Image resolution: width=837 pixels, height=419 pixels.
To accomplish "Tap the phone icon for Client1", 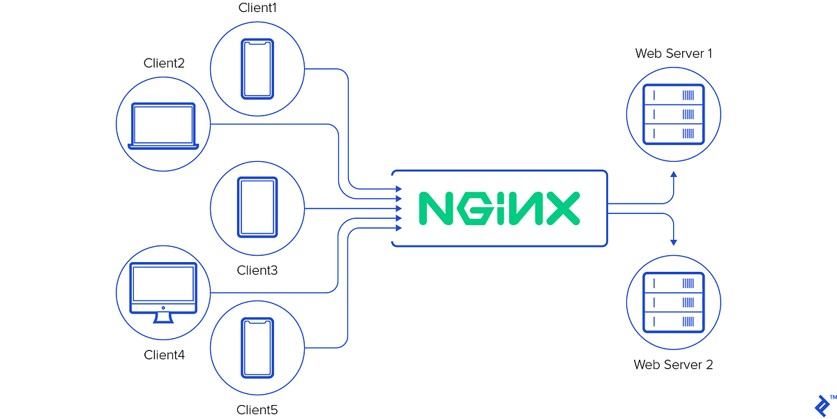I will click(257, 68).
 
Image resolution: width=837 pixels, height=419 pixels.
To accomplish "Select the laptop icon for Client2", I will click(164, 126).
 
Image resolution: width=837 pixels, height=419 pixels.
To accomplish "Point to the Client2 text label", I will click(164, 63).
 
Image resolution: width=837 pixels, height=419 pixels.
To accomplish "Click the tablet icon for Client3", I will click(257, 207).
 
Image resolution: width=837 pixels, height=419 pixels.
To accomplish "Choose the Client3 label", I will click(257, 270).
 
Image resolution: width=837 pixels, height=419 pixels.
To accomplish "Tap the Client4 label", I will click(164, 355).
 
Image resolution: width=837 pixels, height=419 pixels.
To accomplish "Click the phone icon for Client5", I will click(257, 346).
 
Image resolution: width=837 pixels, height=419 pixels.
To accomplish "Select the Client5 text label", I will click(257, 410).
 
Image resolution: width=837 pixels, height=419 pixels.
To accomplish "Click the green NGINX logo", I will click(499, 208).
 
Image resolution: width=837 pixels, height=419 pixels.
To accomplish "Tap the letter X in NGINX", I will click(559, 208).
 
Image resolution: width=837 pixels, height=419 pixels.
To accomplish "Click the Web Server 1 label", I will click(673, 54).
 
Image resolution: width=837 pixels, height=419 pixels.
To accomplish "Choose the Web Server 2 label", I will click(673, 365).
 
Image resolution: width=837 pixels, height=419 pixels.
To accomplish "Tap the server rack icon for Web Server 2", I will click(673, 303).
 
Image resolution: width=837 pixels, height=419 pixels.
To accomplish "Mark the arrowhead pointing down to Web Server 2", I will click(673, 241).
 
